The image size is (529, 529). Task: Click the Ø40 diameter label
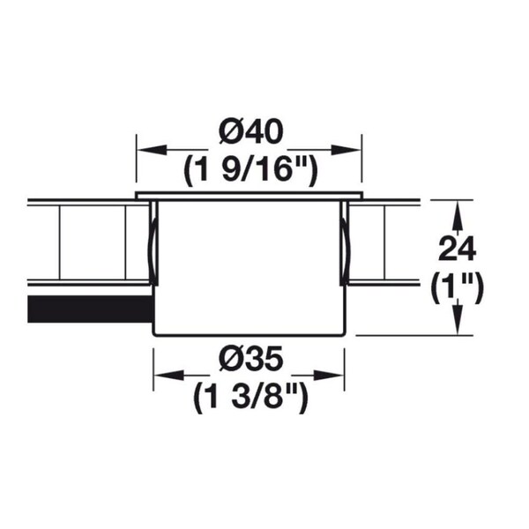(x=250, y=131)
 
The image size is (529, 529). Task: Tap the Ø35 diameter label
(x=250, y=358)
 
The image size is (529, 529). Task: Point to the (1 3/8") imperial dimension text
(x=250, y=399)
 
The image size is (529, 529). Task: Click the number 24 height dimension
(x=457, y=249)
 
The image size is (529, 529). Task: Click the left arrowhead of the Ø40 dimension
(x=153, y=150)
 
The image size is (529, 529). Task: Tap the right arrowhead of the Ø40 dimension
(x=346, y=150)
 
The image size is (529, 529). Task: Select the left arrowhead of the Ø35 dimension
(x=169, y=375)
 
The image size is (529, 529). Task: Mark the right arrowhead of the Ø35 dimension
(x=329, y=375)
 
